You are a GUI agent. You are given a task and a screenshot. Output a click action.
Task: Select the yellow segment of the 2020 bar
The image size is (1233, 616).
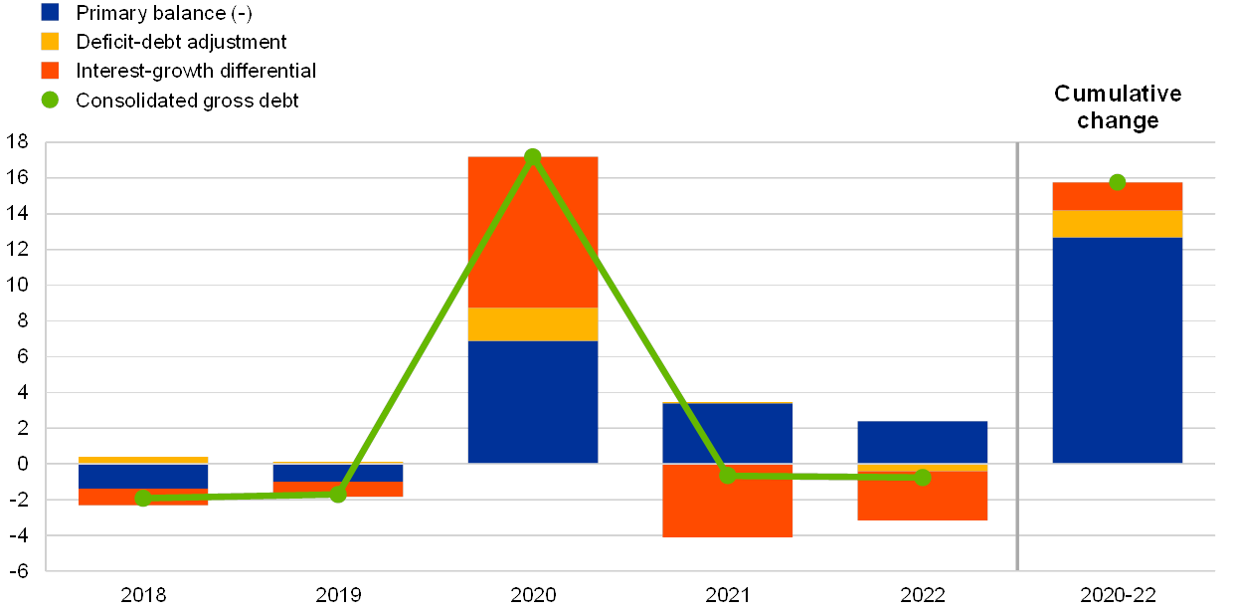pos(533,324)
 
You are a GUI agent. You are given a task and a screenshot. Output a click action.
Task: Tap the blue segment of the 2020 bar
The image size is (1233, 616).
pos(533,402)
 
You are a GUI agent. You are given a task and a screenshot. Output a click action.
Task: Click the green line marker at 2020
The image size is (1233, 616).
pos(533,157)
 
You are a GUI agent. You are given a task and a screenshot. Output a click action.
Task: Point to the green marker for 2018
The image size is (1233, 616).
pos(143,498)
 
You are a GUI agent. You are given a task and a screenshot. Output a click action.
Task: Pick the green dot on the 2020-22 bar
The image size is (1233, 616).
pos(1118,182)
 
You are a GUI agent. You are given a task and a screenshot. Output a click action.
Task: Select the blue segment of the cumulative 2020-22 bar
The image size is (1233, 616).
pos(1118,350)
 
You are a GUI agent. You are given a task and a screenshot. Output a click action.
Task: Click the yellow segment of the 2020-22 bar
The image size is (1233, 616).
pos(1118,224)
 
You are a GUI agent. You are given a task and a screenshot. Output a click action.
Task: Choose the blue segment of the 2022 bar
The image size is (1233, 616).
pos(923,442)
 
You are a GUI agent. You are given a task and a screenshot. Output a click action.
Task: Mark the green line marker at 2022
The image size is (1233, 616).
pos(923,478)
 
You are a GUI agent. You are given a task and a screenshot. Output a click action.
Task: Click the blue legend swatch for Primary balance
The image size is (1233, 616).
pos(50,13)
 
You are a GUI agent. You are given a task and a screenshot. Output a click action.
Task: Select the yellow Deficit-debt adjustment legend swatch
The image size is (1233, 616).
pos(50,42)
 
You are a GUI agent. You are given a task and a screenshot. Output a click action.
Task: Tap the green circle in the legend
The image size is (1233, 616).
pos(50,100)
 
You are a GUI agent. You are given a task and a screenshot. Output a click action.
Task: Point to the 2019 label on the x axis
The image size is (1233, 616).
pos(338,595)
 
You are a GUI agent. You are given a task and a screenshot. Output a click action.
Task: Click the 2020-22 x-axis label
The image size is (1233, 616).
pos(1118,595)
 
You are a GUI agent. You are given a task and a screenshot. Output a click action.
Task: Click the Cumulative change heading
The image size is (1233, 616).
pos(1118,107)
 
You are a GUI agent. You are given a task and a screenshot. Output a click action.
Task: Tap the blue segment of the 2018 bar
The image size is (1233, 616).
pos(143,476)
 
